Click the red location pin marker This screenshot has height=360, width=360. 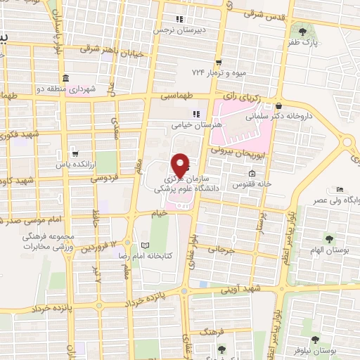pyautogui.click(x=181, y=164)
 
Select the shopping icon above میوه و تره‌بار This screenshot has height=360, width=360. pyautogui.click(x=219, y=62)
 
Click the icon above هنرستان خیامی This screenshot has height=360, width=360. pyautogui.click(x=196, y=114)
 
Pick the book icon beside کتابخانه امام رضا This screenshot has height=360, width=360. pyautogui.click(x=146, y=245)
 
